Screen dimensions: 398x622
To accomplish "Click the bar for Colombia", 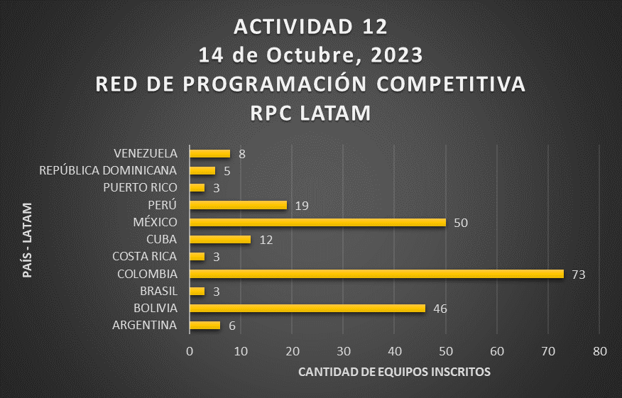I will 376,274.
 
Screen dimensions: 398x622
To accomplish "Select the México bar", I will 317,222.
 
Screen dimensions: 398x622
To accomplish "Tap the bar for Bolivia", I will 307,308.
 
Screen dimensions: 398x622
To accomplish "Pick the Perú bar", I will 238,205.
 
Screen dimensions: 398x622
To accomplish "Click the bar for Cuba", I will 220,239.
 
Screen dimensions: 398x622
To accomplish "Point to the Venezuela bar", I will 210,153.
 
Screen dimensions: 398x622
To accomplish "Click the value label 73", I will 578,274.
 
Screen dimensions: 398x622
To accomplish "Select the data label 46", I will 440,308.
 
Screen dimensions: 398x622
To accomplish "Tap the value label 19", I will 301,205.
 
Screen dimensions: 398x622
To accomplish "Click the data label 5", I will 227,171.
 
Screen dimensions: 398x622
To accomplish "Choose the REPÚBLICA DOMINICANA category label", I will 108,170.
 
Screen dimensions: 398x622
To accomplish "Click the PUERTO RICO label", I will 139,187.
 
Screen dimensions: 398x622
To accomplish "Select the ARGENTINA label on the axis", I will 144,325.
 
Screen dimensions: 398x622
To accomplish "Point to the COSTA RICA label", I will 145,256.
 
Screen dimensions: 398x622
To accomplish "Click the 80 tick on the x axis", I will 599,351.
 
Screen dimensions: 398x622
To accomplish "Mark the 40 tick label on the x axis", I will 395,351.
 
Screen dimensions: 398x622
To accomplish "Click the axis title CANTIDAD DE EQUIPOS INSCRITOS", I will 394,372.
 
